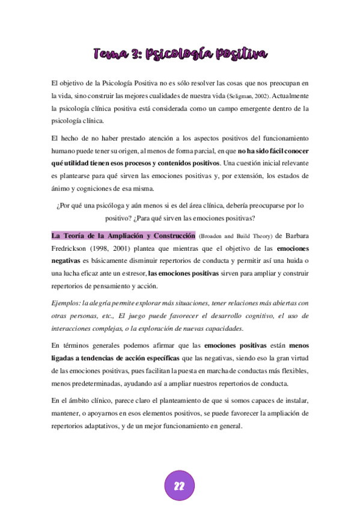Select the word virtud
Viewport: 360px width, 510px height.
click(x=297, y=358)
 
